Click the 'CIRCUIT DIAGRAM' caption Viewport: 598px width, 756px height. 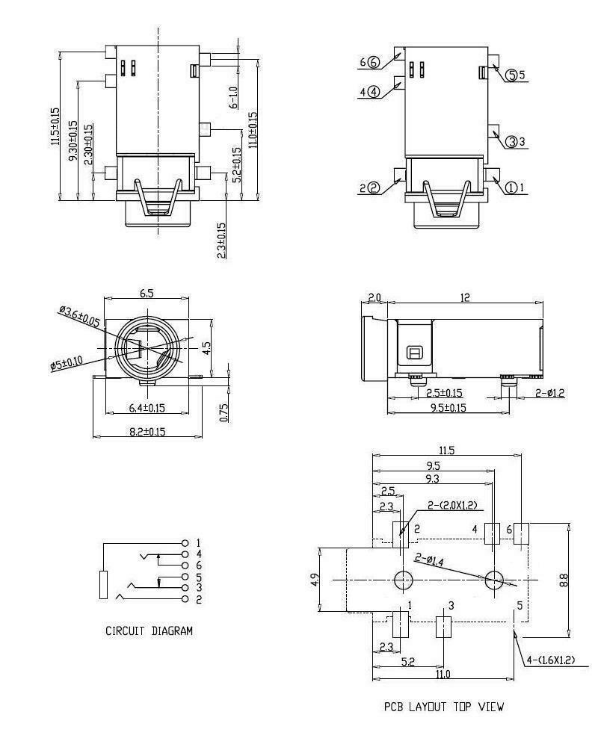pyautogui.click(x=149, y=630)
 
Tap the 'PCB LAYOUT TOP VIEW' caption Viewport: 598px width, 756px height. pyautogui.click(x=444, y=707)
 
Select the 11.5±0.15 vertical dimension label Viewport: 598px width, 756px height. pyautogui.click(x=55, y=126)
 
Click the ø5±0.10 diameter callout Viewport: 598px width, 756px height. pyautogui.click(x=67, y=362)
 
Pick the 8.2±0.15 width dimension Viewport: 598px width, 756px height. pyautogui.click(x=147, y=432)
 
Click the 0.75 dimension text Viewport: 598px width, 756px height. pyautogui.click(x=224, y=412)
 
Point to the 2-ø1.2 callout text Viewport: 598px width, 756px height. pyautogui.click(x=549, y=393)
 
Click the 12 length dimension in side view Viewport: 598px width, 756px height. pyautogui.click(x=465, y=297)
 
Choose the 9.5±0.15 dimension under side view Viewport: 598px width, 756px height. pyautogui.click(x=449, y=407)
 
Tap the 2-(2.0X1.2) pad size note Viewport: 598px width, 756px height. pyautogui.click(x=452, y=505)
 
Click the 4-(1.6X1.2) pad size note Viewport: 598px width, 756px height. pyautogui.click(x=550, y=660)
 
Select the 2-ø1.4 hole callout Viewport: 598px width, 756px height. pyautogui.click(x=429, y=560)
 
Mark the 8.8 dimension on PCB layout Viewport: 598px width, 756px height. pyautogui.click(x=564, y=580)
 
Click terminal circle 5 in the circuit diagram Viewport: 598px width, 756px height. pyautogui.click(x=185, y=577)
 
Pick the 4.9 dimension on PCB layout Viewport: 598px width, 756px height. pyautogui.click(x=314, y=580)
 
